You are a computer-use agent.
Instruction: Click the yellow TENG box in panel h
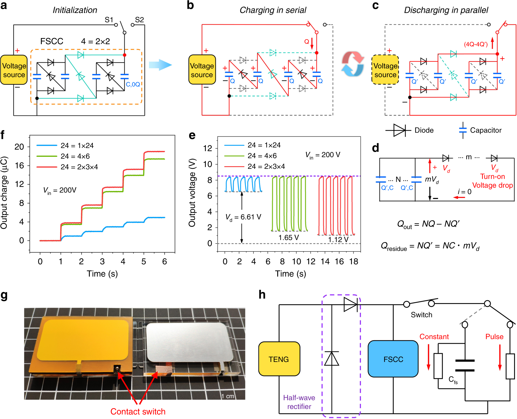pyautogui.click(x=279, y=359)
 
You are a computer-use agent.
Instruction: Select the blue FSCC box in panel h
pyautogui.click(x=393, y=359)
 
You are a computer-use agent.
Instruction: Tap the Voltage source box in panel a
pyautogui.click(x=14, y=70)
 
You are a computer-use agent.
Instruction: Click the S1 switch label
pyautogui.click(x=109, y=20)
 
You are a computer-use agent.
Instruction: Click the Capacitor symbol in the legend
pyautogui.click(x=463, y=130)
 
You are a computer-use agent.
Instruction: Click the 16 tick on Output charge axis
pyautogui.click(x=19, y=166)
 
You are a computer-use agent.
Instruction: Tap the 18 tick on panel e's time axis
pyautogui.click(x=353, y=261)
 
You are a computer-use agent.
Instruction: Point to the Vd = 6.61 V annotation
pyautogui.click(x=243, y=217)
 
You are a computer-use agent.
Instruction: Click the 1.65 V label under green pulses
pyautogui.click(x=288, y=238)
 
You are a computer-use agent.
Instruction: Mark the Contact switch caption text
pyautogui.click(x=138, y=411)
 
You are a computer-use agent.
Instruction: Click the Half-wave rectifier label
pyautogui.click(x=299, y=402)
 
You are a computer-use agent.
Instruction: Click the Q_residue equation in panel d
pyautogui.click(x=430, y=246)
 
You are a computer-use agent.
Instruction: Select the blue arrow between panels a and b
pyautogui.click(x=160, y=65)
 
